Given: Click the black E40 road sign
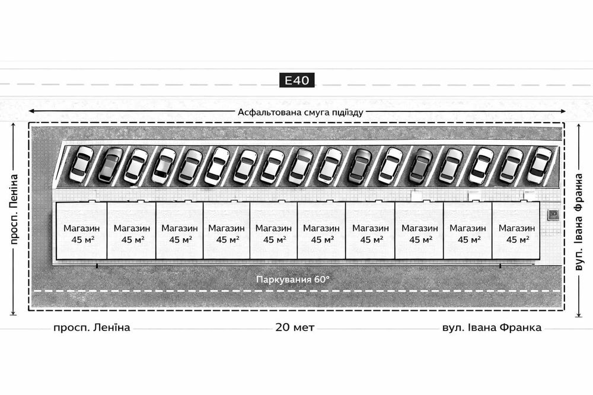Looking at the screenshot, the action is [296, 80].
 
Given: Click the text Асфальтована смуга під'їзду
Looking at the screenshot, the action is [300, 111].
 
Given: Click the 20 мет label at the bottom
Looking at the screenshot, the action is [295, 327].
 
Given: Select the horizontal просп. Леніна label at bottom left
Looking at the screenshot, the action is [91, 327].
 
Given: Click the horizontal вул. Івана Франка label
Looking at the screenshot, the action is [492, 327].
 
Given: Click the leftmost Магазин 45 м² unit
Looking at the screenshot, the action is [81, 233].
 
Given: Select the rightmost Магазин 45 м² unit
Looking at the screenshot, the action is [514, 233].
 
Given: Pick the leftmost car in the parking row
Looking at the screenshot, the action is [81, 164].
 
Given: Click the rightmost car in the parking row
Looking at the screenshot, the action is [539, 165].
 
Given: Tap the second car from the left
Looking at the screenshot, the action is [110, 165].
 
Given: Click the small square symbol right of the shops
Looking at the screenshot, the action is [553, 213].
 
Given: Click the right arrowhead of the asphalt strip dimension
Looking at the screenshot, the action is [572, 111].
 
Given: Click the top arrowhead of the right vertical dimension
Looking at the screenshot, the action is [580, 126].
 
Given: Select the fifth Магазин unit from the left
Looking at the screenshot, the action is [273, 233].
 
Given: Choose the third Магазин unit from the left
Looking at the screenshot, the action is [179, 233].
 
